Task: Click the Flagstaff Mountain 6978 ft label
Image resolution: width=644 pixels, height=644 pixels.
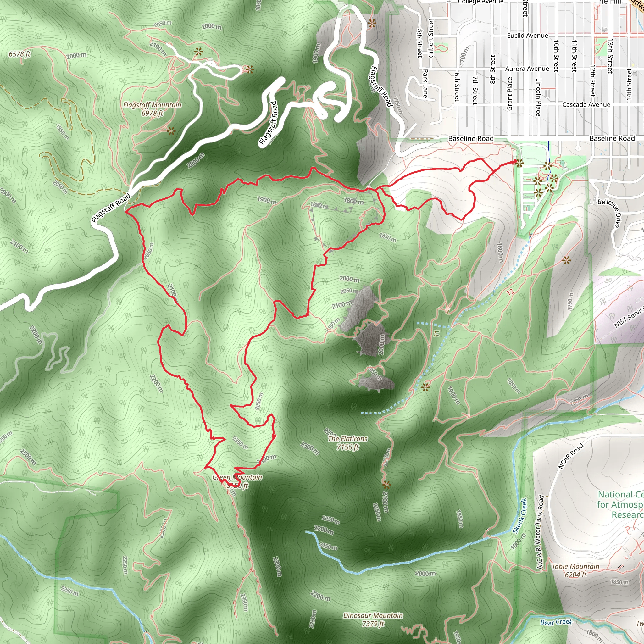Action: pos(152,109)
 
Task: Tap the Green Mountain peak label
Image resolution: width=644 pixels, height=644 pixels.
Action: pos(237,481)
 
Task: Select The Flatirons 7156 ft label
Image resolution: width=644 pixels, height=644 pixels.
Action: pos(348,443)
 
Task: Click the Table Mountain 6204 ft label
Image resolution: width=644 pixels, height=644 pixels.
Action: pos(575,570)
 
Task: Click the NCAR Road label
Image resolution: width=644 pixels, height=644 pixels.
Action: pos(571,456)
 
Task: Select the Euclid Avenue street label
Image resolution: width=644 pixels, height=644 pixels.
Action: pos(527,36)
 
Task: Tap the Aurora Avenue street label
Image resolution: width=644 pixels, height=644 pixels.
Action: pos(527,69)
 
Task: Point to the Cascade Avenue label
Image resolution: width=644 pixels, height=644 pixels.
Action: pos(586,105)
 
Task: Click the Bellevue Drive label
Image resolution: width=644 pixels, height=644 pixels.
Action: pos(610,213)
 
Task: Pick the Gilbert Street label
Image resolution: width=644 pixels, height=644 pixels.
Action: pos(431,38)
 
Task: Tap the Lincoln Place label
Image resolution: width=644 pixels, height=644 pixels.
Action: pos(538,97)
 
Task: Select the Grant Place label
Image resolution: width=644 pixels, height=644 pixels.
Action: pos(510,94)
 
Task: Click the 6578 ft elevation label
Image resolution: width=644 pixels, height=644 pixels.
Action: pos(20,54)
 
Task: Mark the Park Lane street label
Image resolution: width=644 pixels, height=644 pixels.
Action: pos(425,83)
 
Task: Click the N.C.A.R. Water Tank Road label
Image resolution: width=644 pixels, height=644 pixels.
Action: pos(540,532)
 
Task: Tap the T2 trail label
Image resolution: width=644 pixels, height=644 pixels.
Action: pos(510,292)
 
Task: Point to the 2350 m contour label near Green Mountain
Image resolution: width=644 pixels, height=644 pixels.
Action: pos(240,443)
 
